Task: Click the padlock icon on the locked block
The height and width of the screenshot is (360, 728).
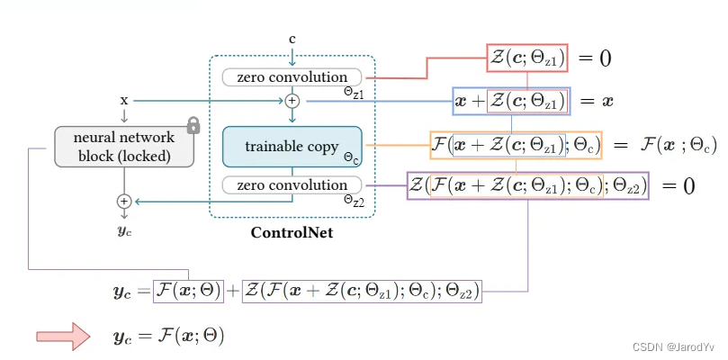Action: tap(193, 125)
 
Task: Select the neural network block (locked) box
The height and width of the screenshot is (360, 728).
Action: tap(124, 147)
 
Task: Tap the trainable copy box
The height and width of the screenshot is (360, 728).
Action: tap(292, 147)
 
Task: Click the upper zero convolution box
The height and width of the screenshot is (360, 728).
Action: tap(292, 77)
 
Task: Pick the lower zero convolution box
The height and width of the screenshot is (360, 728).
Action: tap(292, 185)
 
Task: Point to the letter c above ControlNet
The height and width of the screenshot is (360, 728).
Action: tap(292, 39)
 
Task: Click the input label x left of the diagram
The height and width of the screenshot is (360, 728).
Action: tap(124, 100)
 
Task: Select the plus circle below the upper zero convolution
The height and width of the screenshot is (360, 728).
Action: tap(292, 100)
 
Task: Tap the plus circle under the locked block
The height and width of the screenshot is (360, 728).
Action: tap(124, 201)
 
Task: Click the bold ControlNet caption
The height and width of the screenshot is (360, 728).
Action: tap(292, 232)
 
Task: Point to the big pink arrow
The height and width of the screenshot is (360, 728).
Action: tap(63, 336)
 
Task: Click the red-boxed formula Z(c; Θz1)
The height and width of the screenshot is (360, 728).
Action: tap(527, 58)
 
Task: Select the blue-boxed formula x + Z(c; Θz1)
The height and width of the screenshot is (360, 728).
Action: tap(512, 102)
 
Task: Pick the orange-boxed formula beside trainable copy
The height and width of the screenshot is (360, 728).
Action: tap(516, 146)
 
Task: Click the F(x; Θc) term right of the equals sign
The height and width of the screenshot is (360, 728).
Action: tap(679, 146)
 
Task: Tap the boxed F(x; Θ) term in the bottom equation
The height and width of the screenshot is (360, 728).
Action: tap(188, 292)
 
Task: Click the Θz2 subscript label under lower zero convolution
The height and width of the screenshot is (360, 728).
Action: tap(354, 200)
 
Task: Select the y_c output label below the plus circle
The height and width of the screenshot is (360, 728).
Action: tap(124, 231)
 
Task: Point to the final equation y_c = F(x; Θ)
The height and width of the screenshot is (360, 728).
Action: tap(168, 336)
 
